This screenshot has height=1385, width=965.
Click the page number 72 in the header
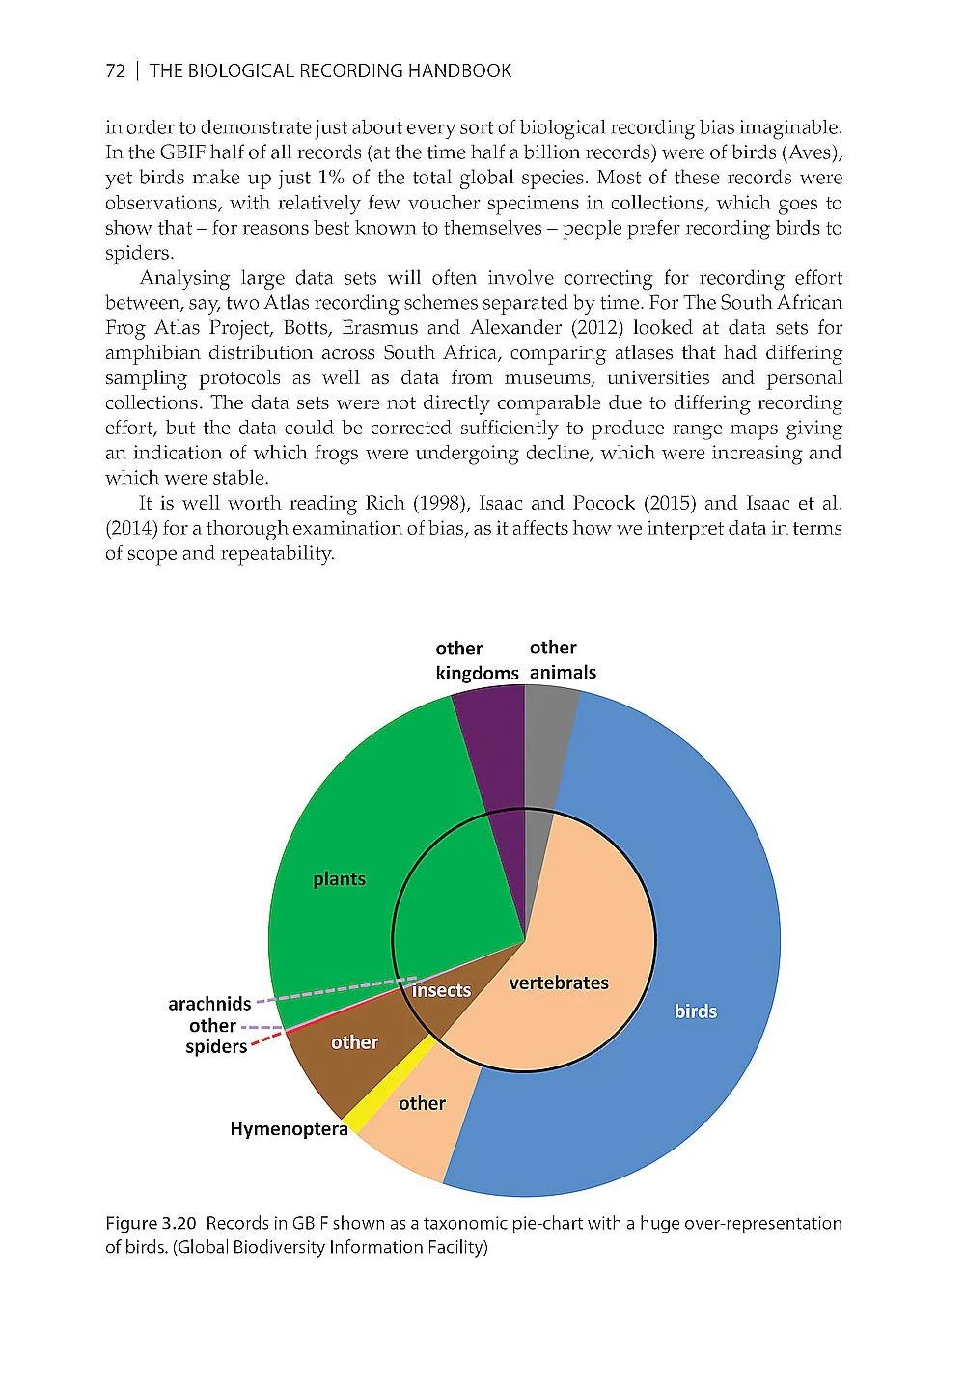click(115, 70)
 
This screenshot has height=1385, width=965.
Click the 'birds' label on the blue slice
click(695, 1011)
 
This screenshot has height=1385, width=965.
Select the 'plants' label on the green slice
click(339, 878)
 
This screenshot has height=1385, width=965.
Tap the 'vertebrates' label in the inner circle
click(559, 983)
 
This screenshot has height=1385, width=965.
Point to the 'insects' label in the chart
click(441, 990)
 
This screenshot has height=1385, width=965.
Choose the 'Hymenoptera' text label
click(289, 1128)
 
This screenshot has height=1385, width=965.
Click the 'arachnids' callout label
click(209, 1004)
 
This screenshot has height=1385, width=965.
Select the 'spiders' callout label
click(216, 1046)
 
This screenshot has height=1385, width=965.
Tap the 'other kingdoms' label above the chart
click(476, 660)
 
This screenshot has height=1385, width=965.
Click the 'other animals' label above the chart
click(563, 659)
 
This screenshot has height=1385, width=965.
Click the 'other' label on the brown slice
click(354, 1042)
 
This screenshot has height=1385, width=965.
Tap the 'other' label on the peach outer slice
click(422, 1103)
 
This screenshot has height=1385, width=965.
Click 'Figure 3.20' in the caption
click(152, 1223)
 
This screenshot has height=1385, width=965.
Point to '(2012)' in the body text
click(597, 327)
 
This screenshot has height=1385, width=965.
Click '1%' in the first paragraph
click(331, 177)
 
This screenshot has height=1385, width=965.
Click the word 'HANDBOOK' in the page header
click(459, 70)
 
